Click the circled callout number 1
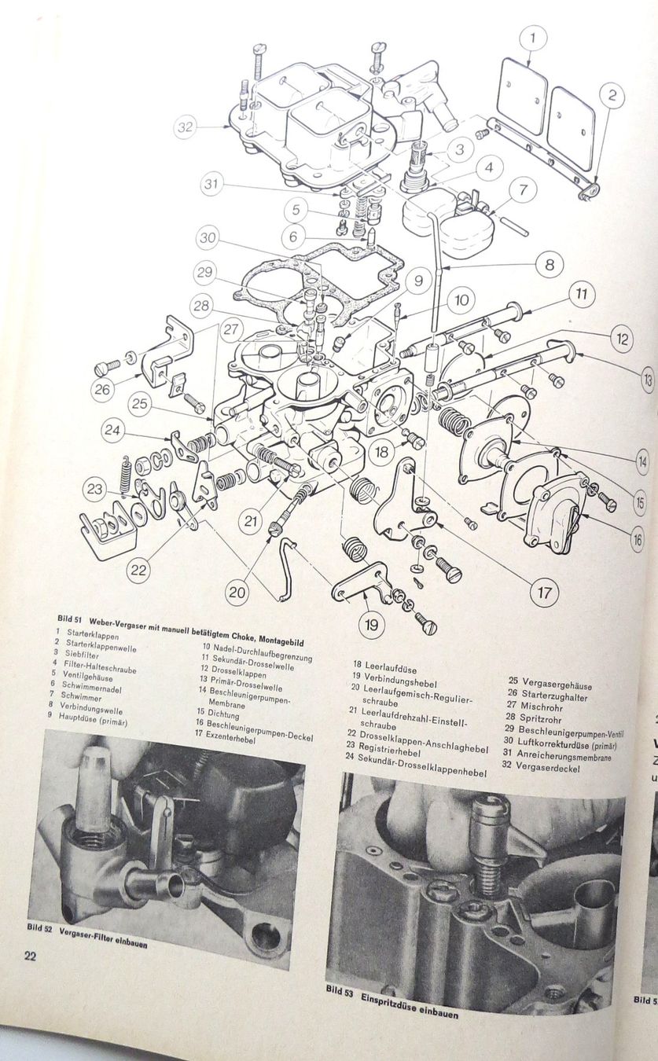[533, 38]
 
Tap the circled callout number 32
[185, 127]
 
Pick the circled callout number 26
[102, 388]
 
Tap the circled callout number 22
[139, 569]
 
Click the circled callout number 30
[207, 237]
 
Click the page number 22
[30, 956]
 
